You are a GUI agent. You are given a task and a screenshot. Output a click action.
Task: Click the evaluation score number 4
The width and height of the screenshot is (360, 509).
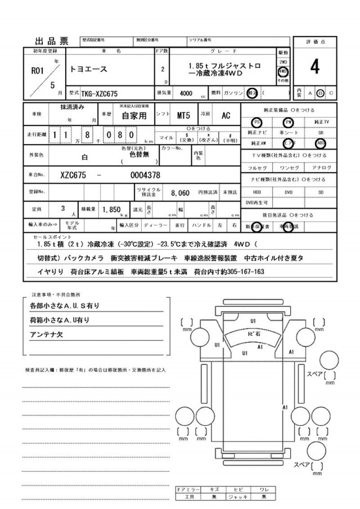pos(314,67)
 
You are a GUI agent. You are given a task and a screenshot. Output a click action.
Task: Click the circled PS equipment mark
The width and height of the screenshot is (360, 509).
pos(257,122)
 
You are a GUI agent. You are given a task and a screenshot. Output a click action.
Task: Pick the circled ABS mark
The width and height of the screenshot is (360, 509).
pos(321,143)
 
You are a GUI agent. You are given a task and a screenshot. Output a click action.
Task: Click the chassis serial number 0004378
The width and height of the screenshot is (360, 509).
pos(145,174)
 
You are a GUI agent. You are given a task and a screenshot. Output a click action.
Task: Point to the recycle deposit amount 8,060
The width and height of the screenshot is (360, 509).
pos(180,192)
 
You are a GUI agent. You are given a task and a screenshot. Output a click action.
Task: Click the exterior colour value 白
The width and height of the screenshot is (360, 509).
pos(85,158)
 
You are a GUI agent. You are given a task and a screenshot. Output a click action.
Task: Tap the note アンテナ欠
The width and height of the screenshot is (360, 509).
pos(45,335)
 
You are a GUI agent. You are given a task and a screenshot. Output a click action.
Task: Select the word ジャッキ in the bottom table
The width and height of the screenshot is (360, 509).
pos(238,497)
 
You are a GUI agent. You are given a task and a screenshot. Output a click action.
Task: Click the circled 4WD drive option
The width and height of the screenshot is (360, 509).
pos(283,72)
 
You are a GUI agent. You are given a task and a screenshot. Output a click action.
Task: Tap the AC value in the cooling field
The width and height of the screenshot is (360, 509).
pos(226,115)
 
